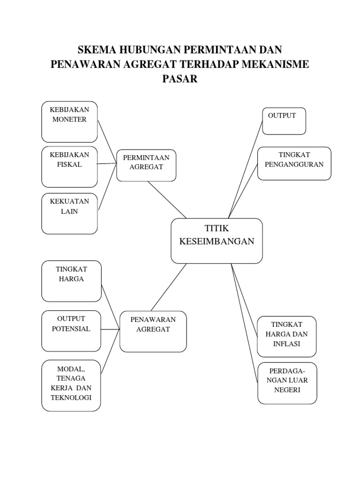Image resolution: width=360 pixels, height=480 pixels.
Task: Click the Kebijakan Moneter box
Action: [x=69, y=121]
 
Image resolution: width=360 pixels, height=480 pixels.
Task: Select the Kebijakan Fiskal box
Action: [x=69, y=167]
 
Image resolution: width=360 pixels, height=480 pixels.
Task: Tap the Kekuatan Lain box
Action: [x=69, y=213]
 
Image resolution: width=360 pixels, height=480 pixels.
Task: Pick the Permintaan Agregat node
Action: [x=146, y=165]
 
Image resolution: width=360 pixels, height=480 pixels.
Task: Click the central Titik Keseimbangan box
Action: [x=217, y=240]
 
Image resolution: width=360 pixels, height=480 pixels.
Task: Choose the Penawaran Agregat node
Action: [x=153, y=331]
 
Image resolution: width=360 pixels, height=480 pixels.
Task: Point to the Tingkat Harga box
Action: [x=71, y=281]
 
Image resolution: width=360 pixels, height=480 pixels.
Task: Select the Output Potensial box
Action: [x=71, y=330]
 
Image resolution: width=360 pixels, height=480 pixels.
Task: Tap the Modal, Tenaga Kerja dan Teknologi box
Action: [x=71, y=385]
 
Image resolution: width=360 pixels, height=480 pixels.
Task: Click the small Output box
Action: [x=284, y=120]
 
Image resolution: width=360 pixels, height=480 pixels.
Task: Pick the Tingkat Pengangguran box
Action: [x=294, y=163]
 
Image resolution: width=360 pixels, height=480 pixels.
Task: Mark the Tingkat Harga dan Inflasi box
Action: [x=286, y=336]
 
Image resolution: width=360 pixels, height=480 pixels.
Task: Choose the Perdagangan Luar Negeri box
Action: [x=287, y=382]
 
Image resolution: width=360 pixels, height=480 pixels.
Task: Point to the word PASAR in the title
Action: [x=180, y=79]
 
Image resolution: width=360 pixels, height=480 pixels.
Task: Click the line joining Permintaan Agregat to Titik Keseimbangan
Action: [x=167, y=200]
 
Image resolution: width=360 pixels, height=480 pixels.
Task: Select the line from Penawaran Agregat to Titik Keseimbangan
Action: [x=169, y=287]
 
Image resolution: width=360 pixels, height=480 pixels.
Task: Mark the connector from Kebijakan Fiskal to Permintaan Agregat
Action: [x=107, y=164]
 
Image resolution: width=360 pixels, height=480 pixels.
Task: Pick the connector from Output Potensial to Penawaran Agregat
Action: [x=110, y=330]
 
